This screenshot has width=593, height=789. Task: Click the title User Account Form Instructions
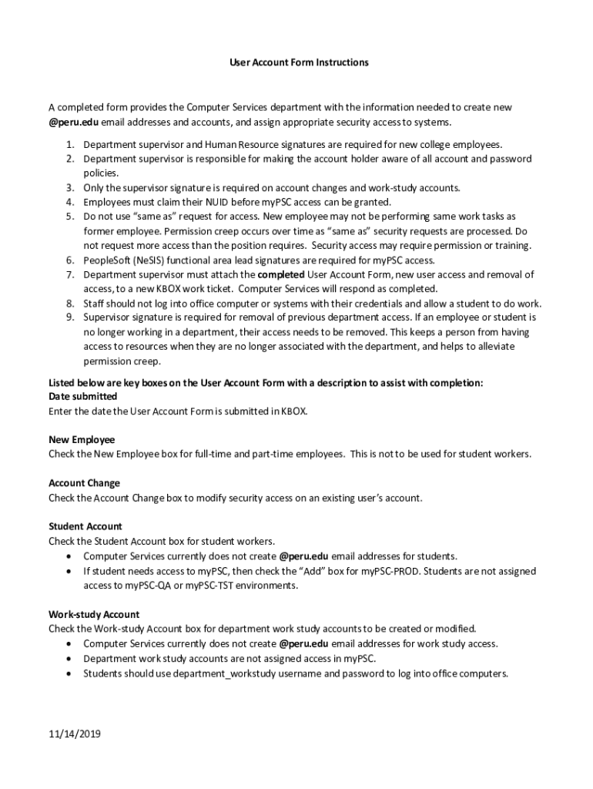tap(299, 62)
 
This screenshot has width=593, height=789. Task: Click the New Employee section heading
tap(82, 440)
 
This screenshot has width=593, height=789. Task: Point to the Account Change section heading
tap(84, 483)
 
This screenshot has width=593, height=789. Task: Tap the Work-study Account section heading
tap(94, 614)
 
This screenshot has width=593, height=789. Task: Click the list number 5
tap(69, 217)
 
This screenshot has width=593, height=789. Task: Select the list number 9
tap(69, 317)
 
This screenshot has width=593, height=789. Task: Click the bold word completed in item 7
tap(281, 274)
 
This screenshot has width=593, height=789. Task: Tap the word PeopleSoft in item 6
tap(107, 260)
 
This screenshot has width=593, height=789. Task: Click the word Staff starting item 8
tap(94, 303)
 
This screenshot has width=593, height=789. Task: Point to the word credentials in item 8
tap(400, 303)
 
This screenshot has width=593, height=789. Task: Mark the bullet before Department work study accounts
tap(71, 658)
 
